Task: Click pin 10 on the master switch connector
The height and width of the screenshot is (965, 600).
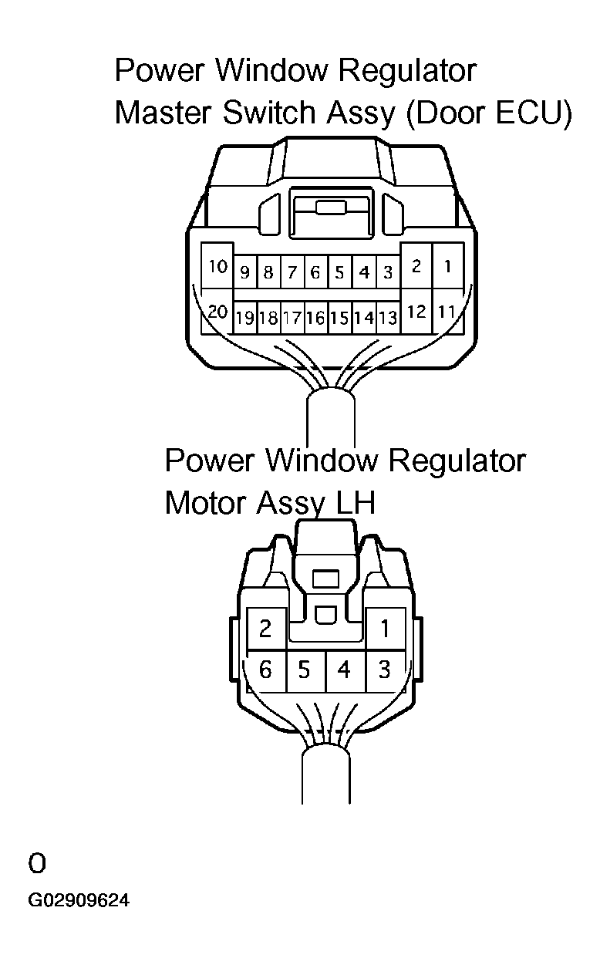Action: pos(217,266)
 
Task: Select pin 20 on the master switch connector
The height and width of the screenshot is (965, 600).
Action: pos(217,312)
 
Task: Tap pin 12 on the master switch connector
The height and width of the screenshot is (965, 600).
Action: pos(416,312)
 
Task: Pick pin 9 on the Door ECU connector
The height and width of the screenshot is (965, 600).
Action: pos(244,272)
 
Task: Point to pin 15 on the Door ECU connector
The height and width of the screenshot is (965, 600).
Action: pos(339,317)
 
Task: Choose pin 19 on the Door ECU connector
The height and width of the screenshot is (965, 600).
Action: pos(244,317)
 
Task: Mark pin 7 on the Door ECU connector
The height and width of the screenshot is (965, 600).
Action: pos(292,272)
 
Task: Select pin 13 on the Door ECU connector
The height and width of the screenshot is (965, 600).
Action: pos(387,317)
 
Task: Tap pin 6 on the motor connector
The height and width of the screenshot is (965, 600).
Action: pos(265,670)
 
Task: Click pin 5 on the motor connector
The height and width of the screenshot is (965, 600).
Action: pos(305,670)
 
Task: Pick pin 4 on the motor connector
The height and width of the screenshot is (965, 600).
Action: pos(344,670)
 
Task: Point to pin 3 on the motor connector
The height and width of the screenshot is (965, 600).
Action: pos(384,670)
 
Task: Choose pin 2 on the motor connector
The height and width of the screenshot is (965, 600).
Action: pos(265,629)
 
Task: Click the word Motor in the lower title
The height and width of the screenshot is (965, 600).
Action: pos(206,504)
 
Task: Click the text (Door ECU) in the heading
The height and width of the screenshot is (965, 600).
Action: pos(487,113)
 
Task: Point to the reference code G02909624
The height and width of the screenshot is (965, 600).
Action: pos(79,900)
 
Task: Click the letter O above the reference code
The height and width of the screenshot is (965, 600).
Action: pos(37,863)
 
